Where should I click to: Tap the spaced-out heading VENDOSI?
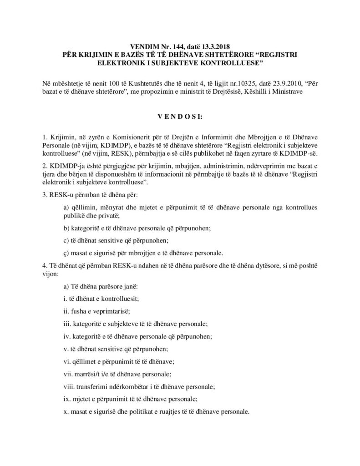(x=180, y=117)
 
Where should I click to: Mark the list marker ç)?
(x=66, y=253)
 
